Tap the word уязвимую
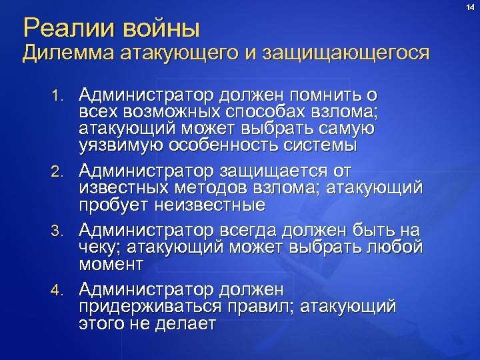[118, 144]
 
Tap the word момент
[111, 264]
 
